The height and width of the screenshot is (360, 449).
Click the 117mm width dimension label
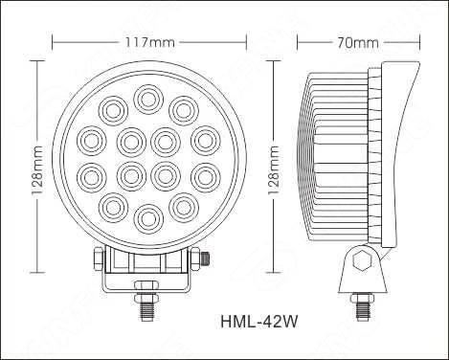(147, 43)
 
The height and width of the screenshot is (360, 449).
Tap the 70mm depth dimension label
(359, 43)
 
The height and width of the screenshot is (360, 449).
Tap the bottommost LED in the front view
(146, 215)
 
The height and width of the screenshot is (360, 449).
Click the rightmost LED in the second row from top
(202, 140)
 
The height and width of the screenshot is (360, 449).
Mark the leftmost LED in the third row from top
(91, 175)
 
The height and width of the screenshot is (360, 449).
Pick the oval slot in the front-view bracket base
(146, 284)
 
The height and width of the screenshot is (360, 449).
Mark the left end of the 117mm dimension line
(53, 43)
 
